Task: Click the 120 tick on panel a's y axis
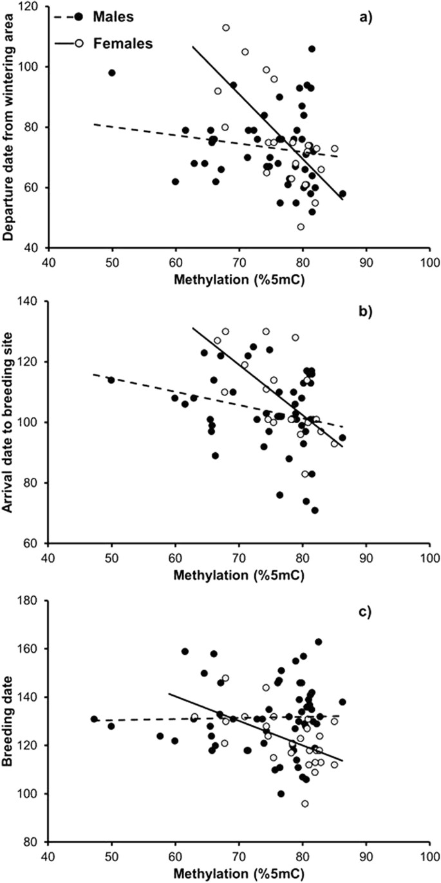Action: [32, 7]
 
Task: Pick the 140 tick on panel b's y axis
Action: [32, 302]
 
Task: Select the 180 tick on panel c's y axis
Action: [32, 601]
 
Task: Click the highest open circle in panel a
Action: [226, 28]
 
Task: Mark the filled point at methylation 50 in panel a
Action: [111, 73]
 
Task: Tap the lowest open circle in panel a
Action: [301, 226]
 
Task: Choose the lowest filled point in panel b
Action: [315, 510]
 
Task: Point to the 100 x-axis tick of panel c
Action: [429, 857]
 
